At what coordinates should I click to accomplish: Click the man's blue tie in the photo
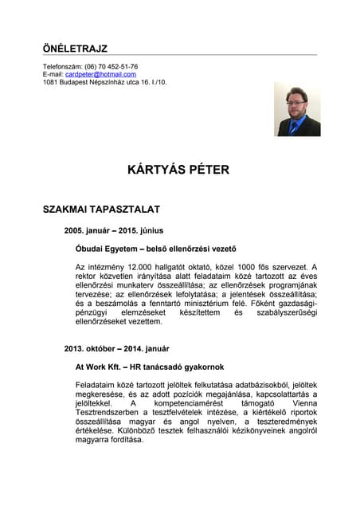(x=296, y=124)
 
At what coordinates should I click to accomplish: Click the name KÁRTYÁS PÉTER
(x=178, y=170)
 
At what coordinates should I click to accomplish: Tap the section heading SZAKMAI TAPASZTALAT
(x=101, y=210)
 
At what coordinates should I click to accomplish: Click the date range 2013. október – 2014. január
(x=116, y=348)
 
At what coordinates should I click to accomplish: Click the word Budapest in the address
(x=76, y=82)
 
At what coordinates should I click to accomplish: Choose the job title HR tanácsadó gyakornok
(x=179, y=367)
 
